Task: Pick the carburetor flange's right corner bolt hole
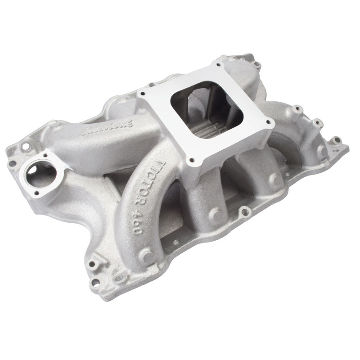pos(269,122)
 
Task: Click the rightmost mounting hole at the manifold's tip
pos(334,139)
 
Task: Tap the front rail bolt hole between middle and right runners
pos(243,209)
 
